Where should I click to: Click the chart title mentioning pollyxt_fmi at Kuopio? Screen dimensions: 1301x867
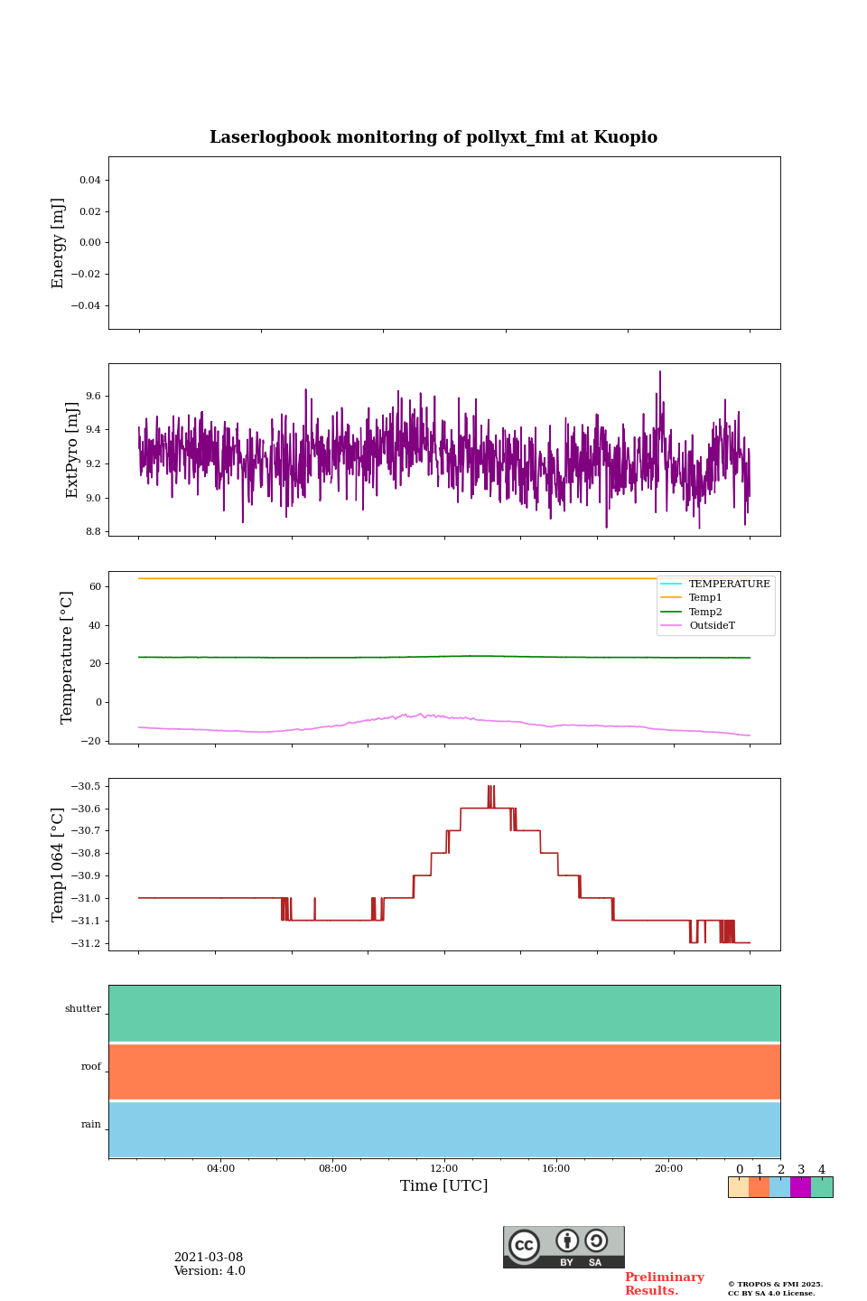tap(433, 137)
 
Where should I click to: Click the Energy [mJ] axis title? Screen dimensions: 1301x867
tap(59, 243)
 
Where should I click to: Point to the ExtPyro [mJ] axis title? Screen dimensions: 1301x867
tap(72, 450)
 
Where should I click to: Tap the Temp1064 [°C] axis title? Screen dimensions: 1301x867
tap(59, 865)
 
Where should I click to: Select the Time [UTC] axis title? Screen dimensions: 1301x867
tap(443, 1185)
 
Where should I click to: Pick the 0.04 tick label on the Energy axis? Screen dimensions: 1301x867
tap(89, 180)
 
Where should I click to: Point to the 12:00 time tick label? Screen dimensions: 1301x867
tap(443, 1168)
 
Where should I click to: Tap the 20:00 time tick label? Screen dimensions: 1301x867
tap(668, 1168)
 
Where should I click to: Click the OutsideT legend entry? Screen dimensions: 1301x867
tap(712, 625)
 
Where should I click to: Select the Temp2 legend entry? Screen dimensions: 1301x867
tap(705, 612)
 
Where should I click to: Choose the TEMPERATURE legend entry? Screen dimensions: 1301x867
tap(729, 584)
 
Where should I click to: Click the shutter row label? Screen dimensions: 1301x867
tap(83, 1008)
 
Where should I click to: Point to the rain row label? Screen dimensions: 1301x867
tap(91, 1124)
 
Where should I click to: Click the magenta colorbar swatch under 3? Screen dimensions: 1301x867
tap(800, 1187)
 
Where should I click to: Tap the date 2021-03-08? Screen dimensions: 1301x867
tap(209, 1257)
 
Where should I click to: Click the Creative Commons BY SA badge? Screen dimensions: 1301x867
tap(564, 1247)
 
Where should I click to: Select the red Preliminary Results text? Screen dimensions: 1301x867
tap(664, 1283)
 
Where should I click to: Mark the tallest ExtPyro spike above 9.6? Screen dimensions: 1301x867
tap(659, 372)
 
